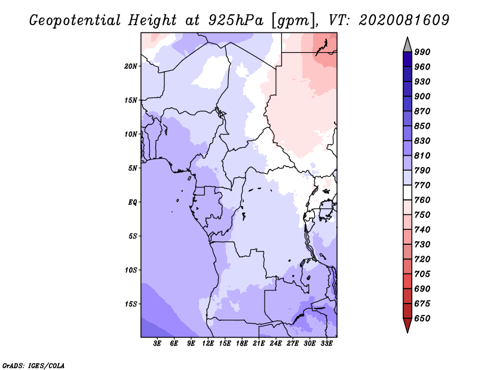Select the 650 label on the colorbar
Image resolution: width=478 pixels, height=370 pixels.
[x=422, y=319]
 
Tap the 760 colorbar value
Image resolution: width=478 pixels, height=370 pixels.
[x=422, y=200]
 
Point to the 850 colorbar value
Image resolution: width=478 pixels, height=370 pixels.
[x=422, y=126]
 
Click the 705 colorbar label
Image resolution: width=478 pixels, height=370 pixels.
[x=422, y=274]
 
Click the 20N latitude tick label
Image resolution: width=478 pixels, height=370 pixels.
[x=131, y=66]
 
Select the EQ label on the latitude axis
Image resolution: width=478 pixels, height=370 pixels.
[x=132, y=202]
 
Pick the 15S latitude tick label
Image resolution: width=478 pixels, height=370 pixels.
[x=131, y=304]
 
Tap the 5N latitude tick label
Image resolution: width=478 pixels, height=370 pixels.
[x=133, y=168]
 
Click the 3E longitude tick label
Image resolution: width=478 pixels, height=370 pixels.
[x=158, y=344]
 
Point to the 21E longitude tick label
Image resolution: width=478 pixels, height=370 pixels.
[x=259, y=344]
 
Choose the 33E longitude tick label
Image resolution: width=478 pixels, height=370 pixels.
[x=327, y=344]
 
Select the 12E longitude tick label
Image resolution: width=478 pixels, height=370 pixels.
[x=208, y=344]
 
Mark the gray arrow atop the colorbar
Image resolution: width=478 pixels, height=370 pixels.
[x=407, y=44]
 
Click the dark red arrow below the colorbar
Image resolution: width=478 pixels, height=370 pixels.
[x=407, y=326]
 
